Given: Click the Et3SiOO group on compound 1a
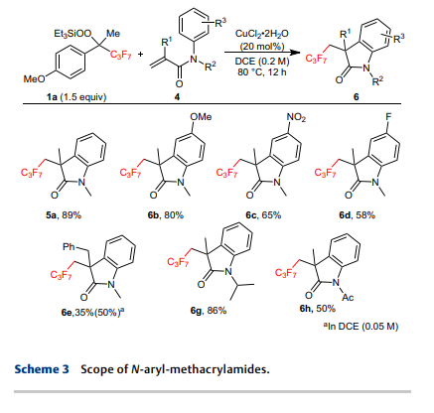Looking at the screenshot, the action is pyautogui.click(x=72, y=34).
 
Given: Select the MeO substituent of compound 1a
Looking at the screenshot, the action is pyautogui.click(x=34, y=79).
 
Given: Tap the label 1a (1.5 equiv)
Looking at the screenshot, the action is pyautogui.click(x=76, y=97).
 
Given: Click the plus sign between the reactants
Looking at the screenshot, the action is pyautogui.click(x=141, y=54).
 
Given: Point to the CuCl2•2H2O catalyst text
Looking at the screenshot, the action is pyautogui.click(x=262, y=34).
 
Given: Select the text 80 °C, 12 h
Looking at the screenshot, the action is pyautogui.click(x=262, y=71).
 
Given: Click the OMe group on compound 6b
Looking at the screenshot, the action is pyautogui.click(x=201, y=117).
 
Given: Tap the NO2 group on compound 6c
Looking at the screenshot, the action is pyautogui.click(x=296, y=117).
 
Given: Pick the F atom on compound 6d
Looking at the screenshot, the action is pyautogui.click(x=388, y=117).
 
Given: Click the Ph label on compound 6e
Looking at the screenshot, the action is pyautogui.click(x=69, y=247).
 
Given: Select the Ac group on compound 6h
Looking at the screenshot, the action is pyautogui.click(x=348, y=298).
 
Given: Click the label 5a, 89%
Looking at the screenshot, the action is pyautogui.click(x=64, y=215).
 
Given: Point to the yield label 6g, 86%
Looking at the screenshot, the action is pyautogui.click(x=209, y=311).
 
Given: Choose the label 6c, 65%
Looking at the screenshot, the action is pyautogui.click(x=263, y=215).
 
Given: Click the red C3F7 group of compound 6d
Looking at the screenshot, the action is pyautogui.click(x=325, y=173).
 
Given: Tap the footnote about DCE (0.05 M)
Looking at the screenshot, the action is pyautogui.click(x=361, y=327).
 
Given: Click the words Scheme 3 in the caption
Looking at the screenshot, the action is pyautogui.click(x=42, y=369).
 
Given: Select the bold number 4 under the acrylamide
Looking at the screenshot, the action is pyautogui.click(x=178, y=97).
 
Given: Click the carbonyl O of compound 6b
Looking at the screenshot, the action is pyautogui.click(x=153, y=196).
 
